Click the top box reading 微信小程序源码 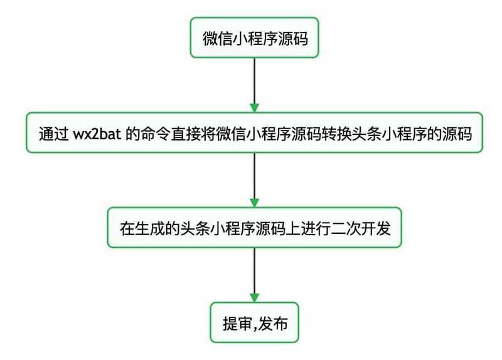[x=254, y=38]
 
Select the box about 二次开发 [x=254, y=228]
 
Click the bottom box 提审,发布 [x=254, y=324]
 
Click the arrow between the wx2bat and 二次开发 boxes [x=254, y=179]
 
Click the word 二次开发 [x=361, y=228]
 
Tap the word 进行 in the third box [x=315, y=228]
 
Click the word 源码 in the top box [x=292, y=38]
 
